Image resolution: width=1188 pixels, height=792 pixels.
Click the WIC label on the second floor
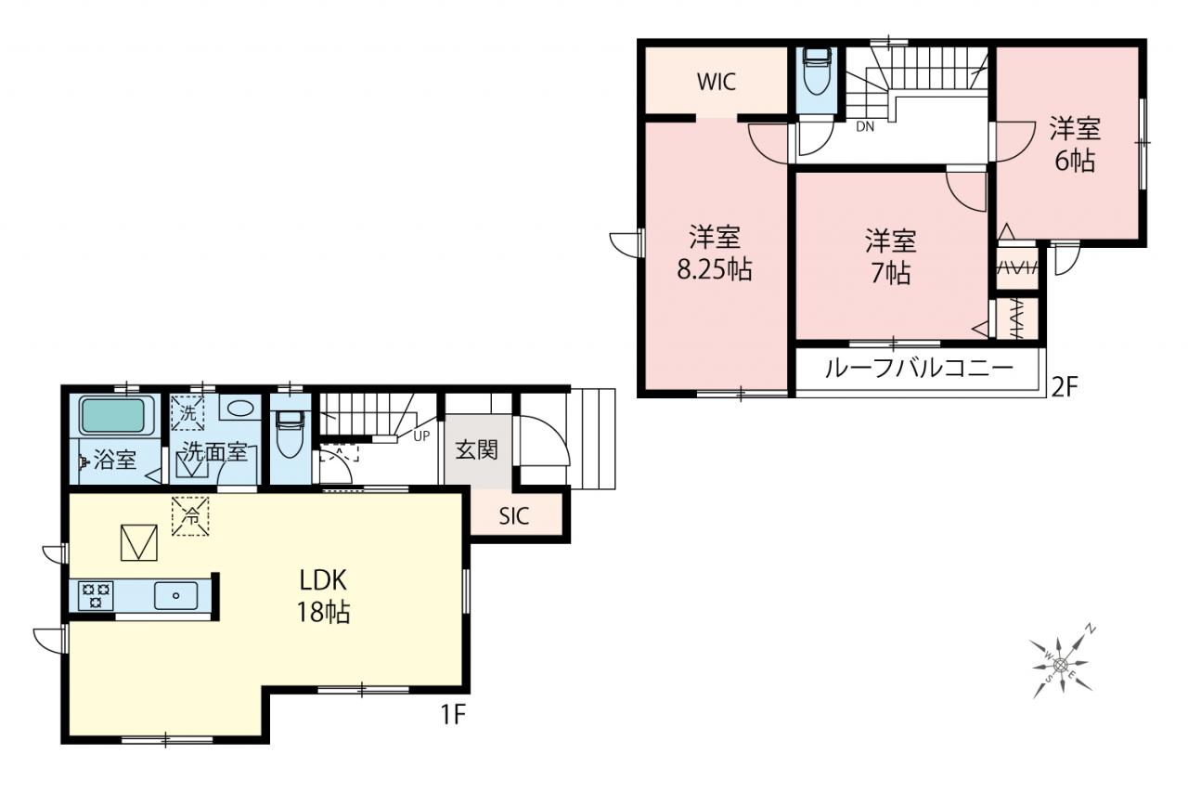(716, 83)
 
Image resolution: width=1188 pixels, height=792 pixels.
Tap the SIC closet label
(514, 515)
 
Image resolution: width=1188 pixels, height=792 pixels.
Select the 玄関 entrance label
(477, 450)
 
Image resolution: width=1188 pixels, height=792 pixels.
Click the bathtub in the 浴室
(112, 415)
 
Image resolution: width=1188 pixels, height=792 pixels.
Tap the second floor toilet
(817, 71)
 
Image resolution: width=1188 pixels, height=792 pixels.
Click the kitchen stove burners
(96, 595)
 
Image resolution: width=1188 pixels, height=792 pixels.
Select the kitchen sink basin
(176, 596)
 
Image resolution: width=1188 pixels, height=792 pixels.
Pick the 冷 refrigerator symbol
(190, 516)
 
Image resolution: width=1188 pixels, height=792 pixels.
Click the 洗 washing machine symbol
(187, 412)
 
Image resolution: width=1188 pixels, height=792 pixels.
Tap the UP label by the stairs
(421, 436)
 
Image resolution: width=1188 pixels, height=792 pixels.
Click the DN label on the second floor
(865, 127)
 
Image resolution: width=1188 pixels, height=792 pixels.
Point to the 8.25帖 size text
(715, 270)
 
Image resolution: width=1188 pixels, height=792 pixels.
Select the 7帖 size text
(891, 273)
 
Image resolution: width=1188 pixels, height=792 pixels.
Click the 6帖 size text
(1075, 161)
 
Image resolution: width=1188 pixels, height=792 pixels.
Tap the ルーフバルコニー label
(919, 369)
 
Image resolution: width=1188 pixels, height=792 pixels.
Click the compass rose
(1061, 664)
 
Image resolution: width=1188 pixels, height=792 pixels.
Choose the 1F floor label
(453, 716)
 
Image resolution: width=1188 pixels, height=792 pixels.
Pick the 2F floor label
(1065, 388)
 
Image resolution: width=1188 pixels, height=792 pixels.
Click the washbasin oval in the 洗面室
(240, 409)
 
